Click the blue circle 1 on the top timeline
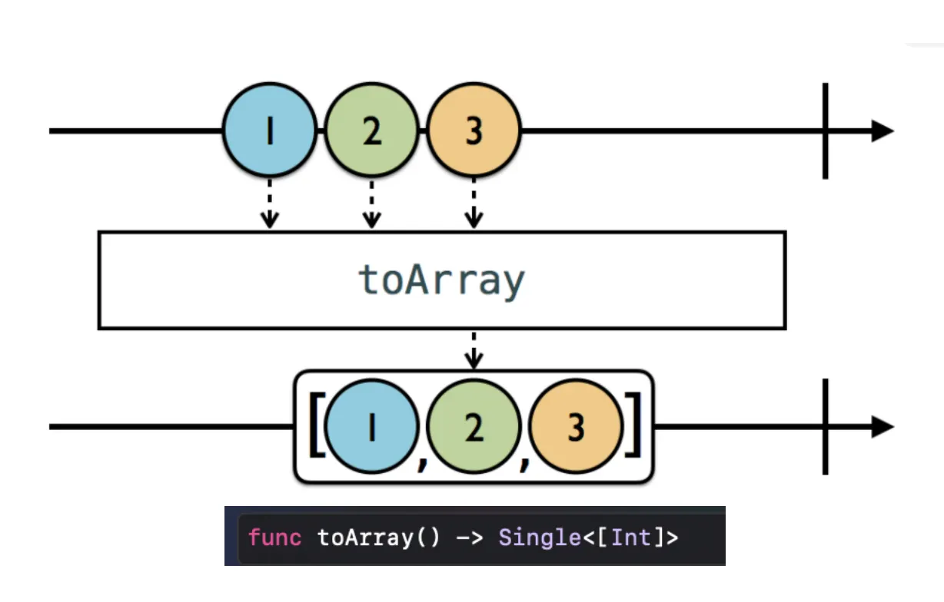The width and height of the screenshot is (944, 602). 269,131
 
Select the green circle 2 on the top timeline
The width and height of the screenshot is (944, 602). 371,131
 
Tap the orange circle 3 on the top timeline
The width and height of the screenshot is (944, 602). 474,131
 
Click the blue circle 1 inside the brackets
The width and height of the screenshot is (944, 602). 372,428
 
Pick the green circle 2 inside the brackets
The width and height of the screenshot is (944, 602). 474,428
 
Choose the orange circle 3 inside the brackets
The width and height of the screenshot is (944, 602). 576,428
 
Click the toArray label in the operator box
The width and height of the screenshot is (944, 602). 442,281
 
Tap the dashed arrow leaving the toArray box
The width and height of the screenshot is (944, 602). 474,349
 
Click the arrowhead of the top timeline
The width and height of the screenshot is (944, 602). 882,131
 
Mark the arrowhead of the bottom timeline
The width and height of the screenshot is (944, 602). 882,427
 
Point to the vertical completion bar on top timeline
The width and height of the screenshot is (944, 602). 826,131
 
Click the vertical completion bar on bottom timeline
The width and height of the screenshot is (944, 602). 826,427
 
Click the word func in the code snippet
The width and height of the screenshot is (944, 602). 274,537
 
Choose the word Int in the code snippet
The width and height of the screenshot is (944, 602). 631,537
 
